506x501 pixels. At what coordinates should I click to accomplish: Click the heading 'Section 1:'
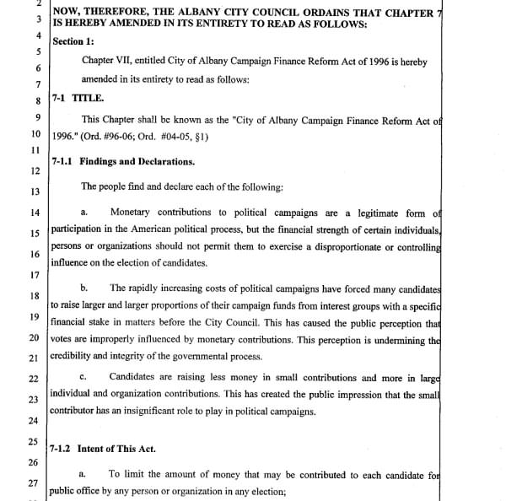pos(73,40)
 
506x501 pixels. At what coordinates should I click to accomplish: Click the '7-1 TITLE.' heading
pos(78,99)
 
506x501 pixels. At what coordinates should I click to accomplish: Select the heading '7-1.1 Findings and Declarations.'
pos(123,162)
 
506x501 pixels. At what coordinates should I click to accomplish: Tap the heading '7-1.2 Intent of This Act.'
pos(103,449)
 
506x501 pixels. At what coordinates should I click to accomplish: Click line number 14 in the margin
pos(35,213)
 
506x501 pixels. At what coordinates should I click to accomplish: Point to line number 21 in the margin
pos(35,358)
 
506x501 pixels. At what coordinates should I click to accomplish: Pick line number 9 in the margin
pos(37,117)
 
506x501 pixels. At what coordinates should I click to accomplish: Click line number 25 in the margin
pos(34,441)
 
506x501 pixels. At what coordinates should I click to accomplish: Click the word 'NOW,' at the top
pos(68,10)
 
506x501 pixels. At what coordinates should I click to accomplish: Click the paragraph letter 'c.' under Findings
pos(83,376)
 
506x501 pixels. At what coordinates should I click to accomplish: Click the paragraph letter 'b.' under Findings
pos(83,288)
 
